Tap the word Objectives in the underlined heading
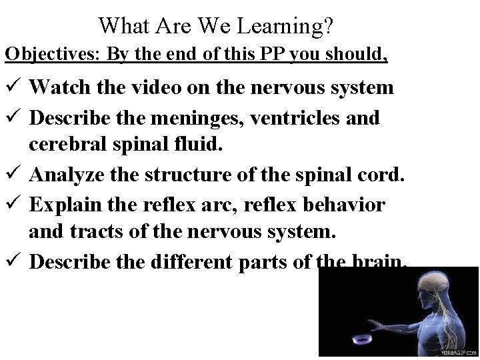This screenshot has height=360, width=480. pyautogui.click(x=45, y=53)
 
